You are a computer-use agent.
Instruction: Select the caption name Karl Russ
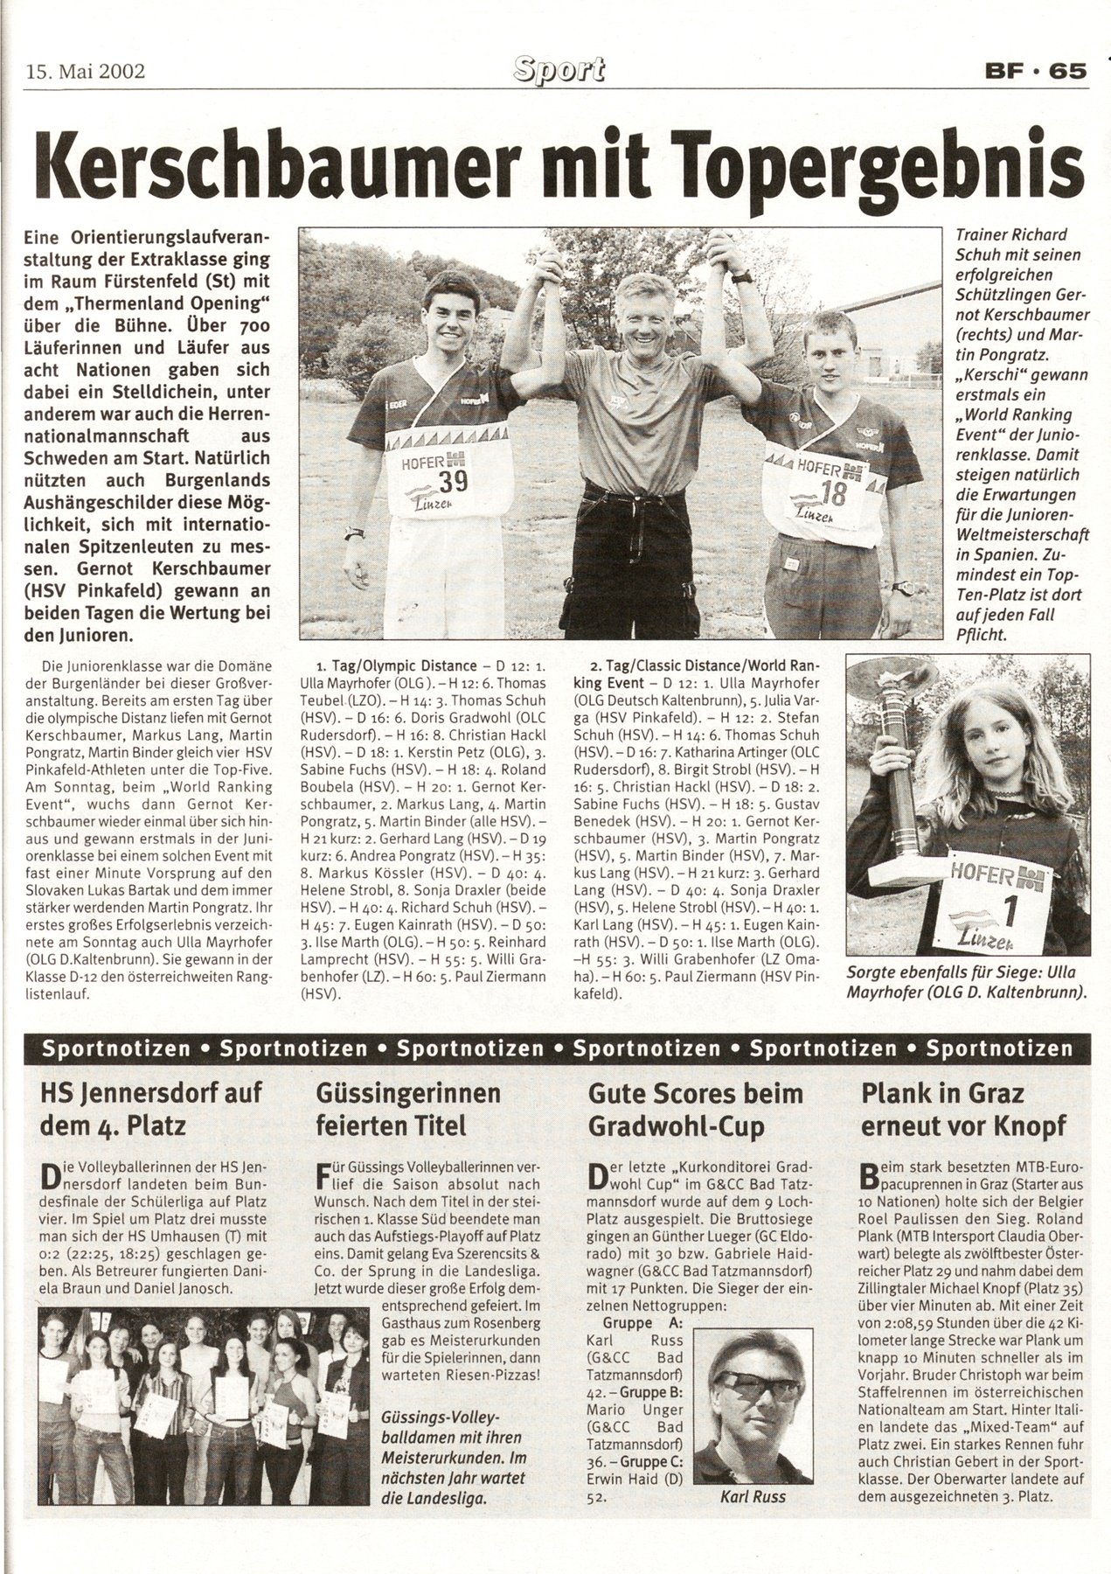click(752, 1473)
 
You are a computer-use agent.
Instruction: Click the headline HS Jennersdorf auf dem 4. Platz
click(151, 1108)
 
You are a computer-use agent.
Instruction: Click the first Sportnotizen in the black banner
click(115, 1048)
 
